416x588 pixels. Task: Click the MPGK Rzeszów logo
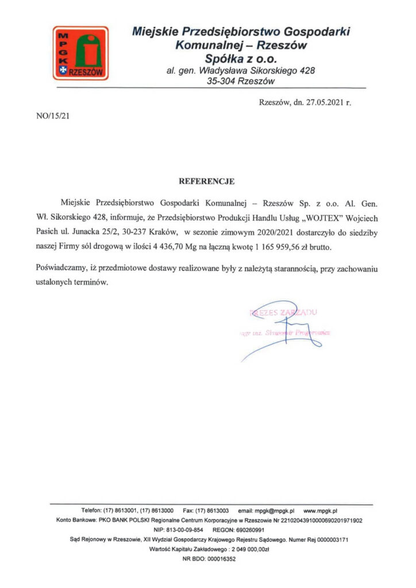click(x=80, y=53)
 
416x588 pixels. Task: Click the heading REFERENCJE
click(x=207, y=181)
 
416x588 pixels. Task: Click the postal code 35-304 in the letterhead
click(x=222, y=82)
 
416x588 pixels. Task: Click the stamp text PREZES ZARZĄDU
click(x=282, y=313)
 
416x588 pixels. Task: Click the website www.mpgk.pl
click(x=321, y=510)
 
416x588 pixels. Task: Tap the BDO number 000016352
click(x=218, y=559)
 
